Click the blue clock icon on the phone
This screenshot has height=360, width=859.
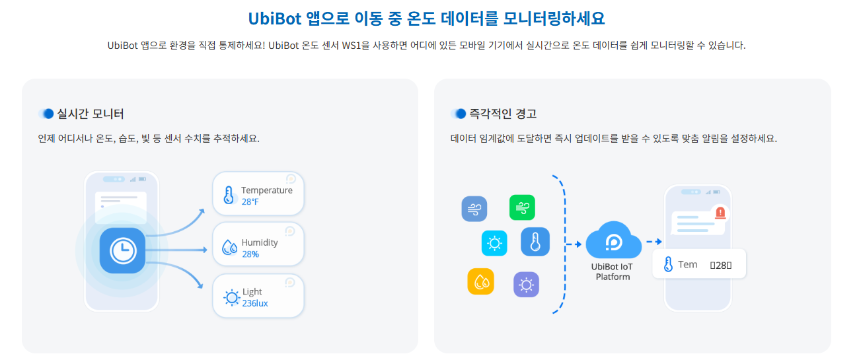[x=122, y=250]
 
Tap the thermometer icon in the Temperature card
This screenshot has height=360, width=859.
[x=229, y=195]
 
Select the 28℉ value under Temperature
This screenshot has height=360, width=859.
[x=250, y=201]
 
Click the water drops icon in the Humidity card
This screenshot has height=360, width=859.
[x=229, y=247]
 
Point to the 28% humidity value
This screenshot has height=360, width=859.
[x=250, y=254]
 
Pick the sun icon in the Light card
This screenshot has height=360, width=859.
[x=231, y=297]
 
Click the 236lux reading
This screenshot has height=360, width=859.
[x=254, y=303]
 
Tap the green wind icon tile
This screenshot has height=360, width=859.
[x=522, y=207]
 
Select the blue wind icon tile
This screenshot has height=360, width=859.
[x=474, y=209]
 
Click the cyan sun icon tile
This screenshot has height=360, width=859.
[x=494, y=242]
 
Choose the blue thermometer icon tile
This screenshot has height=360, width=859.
[x=535, y=242]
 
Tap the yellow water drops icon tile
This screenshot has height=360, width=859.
[x=480, y=281]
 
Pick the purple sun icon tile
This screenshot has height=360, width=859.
[x=526, y=285]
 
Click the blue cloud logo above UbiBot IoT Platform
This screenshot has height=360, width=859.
[x=613, y=241]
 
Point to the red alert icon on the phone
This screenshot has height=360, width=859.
[x=720, y=212]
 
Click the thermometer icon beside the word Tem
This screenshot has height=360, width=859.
[x=668, y=265]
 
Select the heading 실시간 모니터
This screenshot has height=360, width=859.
[x=91, y=114]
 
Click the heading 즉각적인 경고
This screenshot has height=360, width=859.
[x=502, y=114]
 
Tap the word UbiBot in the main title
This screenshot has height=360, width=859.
[x=274, y=18]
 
